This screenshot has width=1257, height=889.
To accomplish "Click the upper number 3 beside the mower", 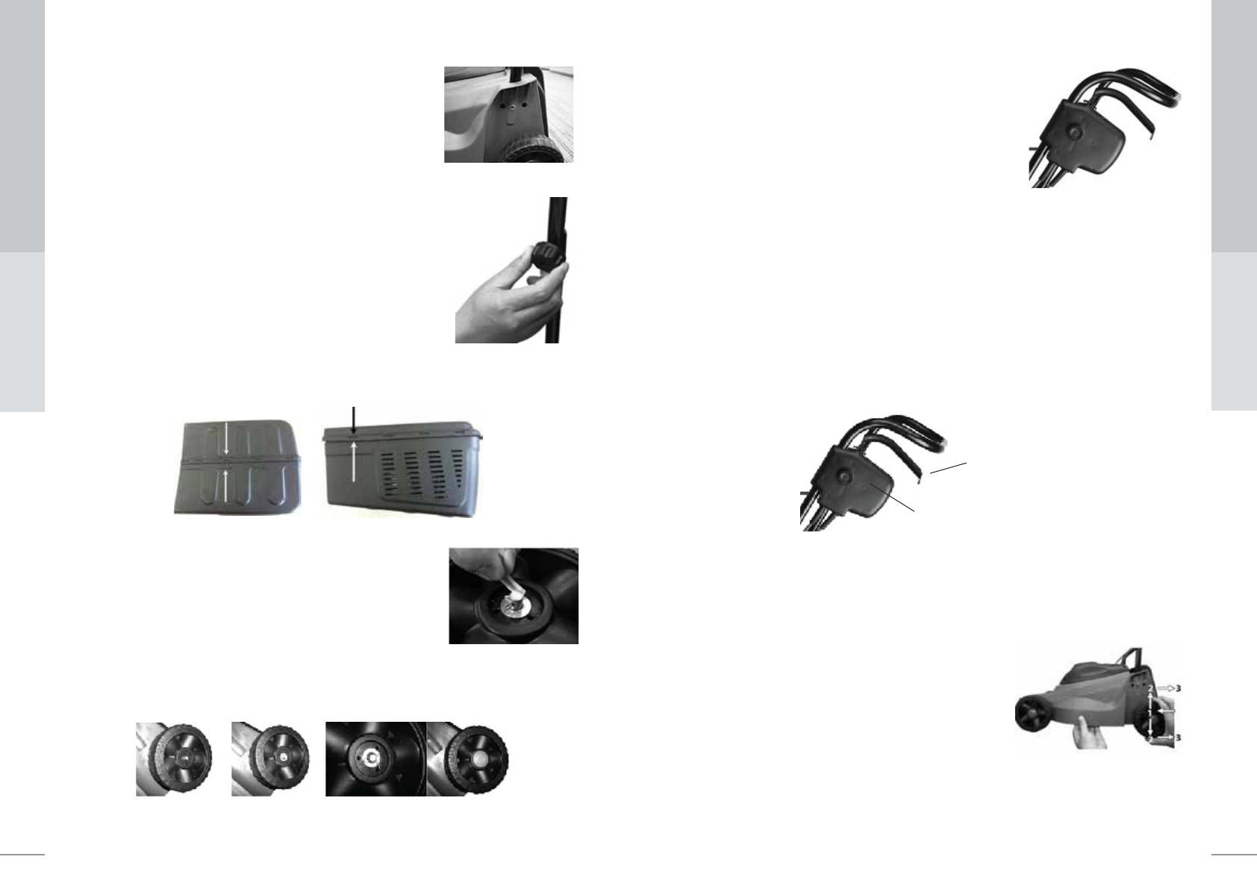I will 1177,687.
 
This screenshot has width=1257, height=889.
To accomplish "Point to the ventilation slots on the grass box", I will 422,478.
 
